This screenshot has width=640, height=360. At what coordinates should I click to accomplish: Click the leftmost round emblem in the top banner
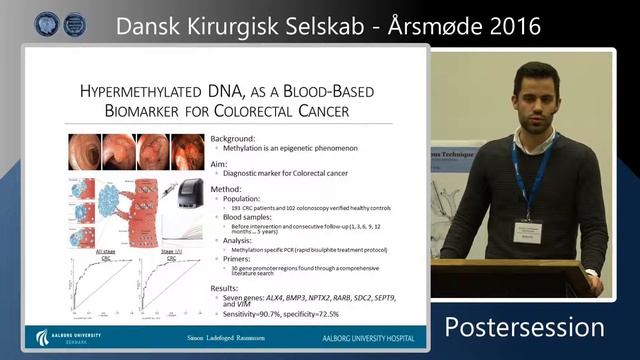[x=46, y=25]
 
